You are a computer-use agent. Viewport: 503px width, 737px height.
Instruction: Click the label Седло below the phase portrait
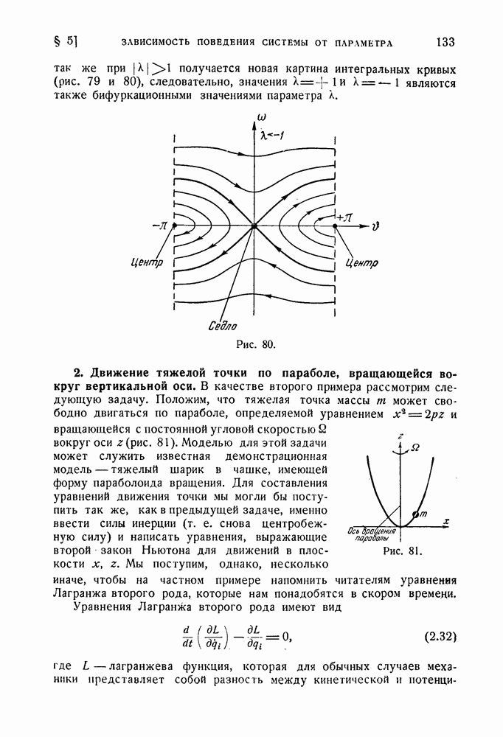click(x=223, y=324)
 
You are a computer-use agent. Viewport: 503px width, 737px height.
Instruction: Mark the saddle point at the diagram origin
click(x=253, y=227)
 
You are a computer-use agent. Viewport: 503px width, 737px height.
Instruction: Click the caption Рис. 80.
click(x=254, y=343)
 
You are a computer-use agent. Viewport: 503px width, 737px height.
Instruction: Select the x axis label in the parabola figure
click(x=446, y=520)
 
